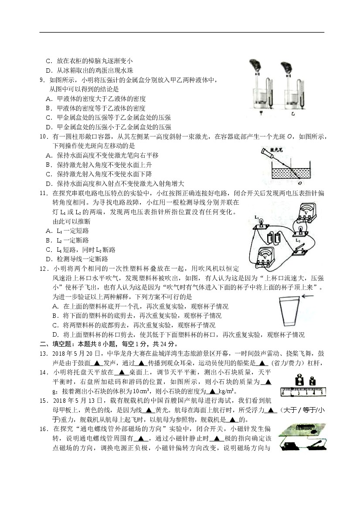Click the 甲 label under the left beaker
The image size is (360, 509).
pyautogui.click(x=261, y=113)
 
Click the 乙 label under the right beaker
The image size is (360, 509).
pyautogui.click(x=293, y=113)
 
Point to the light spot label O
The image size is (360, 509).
pyautogui.click(x=299, y=183)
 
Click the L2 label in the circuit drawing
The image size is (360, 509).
pyautogui.click(x=298, y=241)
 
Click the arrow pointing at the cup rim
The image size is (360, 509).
pyautogui.click(x=308, y=296)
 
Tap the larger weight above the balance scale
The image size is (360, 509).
pyautogui.click(x=299, y=381)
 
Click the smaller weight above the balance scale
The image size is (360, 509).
pyautogui.click(x=312, y=381)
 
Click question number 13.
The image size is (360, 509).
pyautogui.click(x=44, y=354)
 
